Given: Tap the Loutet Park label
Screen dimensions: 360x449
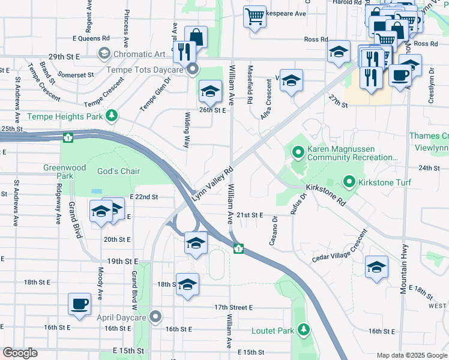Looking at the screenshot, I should (274, 330).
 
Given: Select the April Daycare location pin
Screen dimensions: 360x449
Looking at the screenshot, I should (156, 316).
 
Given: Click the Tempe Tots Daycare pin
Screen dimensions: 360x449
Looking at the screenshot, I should (192, 70).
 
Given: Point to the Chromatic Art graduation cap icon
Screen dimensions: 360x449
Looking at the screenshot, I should (104, 54).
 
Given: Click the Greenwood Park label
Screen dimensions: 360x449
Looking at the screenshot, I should (58, 172).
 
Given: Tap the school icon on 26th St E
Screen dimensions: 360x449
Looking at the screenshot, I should (210, 92).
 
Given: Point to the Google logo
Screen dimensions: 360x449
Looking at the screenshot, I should (20, 353).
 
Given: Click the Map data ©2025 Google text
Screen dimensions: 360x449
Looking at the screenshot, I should (411, 355).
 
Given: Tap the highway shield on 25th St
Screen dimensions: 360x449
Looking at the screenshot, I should (68, 138).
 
